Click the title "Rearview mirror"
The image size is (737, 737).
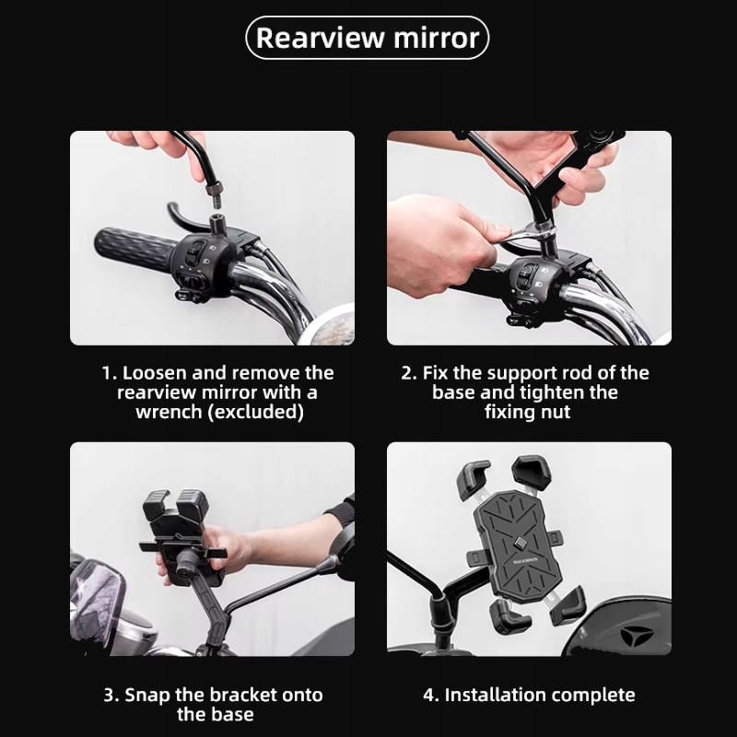click(368, 38)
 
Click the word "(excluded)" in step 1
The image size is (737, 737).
click(256, 412)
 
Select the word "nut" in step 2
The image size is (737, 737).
click(556, 412)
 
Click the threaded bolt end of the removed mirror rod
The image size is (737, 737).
click(215, 196)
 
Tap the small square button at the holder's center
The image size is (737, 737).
click(520, 543)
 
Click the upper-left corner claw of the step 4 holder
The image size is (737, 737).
click(473, 480)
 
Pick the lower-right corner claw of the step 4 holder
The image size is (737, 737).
click(567, 606)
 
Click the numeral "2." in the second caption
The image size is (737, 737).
click(408, 373)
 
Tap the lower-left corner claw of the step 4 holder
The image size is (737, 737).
click(509, 616)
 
